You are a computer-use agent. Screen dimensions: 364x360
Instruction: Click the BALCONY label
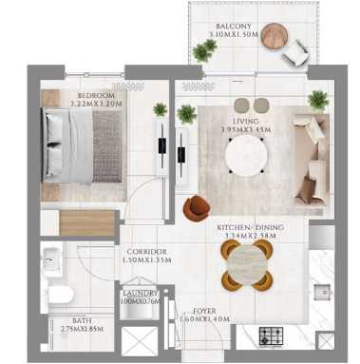(x=227, y=26)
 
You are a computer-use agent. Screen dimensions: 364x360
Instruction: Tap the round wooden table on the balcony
(x=275, y=35)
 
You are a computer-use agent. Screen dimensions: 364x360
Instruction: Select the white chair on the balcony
(x=297, y=54)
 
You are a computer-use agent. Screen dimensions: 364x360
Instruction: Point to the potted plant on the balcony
(x=204, y=51)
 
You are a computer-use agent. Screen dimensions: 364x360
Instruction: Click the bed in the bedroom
(x=81, y=145)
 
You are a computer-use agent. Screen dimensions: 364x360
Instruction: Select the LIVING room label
(x=247, y=121)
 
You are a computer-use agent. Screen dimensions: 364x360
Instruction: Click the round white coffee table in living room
(x=247, y=155)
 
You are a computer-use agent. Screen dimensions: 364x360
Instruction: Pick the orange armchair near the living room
(x=198, y=206)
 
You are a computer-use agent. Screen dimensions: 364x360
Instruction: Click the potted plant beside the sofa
(x=318, y=100)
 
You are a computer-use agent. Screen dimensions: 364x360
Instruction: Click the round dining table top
(x=247, y=266)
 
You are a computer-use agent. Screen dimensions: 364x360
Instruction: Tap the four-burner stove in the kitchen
(x=270, y=335)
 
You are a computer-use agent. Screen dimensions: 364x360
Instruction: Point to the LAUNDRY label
(x=141, y=294)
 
